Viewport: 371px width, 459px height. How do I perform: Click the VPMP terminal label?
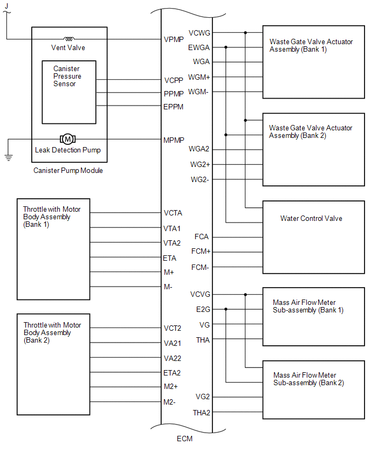[174, 39]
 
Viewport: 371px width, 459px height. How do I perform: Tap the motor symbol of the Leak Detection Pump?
[68, 140]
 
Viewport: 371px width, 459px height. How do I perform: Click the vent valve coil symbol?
[69, 39]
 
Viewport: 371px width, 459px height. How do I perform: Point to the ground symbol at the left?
[8, 157]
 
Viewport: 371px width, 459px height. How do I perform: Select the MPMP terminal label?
[174, 140]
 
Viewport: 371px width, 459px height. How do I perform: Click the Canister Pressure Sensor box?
[69, 92]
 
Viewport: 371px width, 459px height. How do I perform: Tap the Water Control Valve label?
[311, 218]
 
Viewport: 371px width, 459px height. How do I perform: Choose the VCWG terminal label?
[200, 33]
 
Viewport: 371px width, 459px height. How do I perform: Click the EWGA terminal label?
[199, 47]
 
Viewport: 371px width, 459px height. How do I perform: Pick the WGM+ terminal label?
[200, 77]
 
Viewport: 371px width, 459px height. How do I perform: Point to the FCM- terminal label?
[200, 267]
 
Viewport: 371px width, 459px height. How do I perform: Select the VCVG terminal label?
[200, 295]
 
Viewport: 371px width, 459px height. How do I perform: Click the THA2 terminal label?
[202, 413]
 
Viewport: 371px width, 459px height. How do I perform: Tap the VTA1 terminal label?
[172, 228]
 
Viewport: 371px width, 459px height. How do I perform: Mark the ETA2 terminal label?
[172, 372]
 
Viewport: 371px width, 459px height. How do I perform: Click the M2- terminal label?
[170, 402]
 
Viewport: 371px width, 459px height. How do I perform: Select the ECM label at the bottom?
[184, 439]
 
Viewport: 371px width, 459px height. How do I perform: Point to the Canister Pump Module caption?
[68, 171]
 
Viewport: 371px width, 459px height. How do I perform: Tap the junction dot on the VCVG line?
[245, 295]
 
